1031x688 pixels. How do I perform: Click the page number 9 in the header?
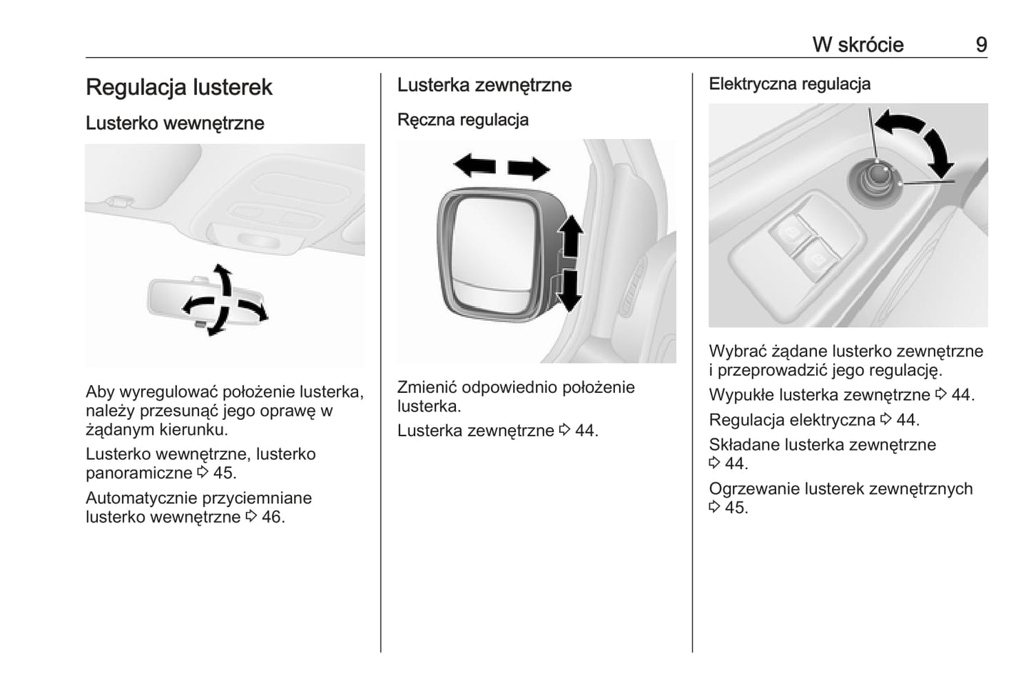[x=981, y=45]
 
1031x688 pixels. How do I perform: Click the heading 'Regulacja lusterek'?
[x=178, y=88]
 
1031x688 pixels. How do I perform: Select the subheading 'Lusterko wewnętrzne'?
[x=175, y=123]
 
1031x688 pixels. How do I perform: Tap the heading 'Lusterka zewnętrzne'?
[x=484, y=86]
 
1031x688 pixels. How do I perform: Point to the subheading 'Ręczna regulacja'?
[x=462, y=120]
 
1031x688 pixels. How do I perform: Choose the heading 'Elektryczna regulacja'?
[x=789, y=84]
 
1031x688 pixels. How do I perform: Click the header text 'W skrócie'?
[x=858, y=45]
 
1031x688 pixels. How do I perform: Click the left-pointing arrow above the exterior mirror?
[x=474, y=166]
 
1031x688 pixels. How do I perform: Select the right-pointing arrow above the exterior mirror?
[x=529, y=169]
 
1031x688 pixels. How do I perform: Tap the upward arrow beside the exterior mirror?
[x=569, y=236]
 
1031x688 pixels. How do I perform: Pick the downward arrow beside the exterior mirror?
[x=569, y=290]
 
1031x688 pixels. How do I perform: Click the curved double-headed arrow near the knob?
[x=919, y=139]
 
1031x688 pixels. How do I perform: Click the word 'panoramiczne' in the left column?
[x=138, y=473]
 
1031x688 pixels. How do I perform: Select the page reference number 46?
[x=272, y=517]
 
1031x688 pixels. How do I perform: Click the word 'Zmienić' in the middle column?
[x=426, y=388]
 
